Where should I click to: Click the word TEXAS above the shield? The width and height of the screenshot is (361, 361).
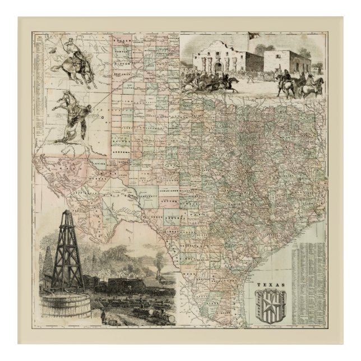(271, 285)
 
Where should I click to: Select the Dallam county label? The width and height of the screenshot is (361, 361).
(120, 41)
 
